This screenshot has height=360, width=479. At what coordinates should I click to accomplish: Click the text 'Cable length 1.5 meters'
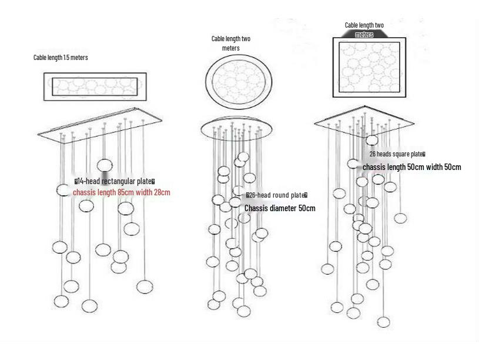(x=61, y=58)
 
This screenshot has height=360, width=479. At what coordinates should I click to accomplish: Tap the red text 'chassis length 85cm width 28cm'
(x=122, y=192)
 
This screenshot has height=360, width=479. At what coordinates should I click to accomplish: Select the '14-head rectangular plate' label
(x=115, y=181)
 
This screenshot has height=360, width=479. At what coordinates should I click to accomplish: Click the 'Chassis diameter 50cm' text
(x=280, y=208)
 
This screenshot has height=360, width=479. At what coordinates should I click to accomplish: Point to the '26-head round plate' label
(x=277, y=195)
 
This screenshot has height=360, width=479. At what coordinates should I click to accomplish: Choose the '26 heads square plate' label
(x=397, y=154)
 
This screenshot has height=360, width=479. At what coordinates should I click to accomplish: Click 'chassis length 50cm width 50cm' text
(x=411, y=167)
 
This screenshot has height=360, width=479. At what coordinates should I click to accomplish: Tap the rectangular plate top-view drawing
(x=95, y=87)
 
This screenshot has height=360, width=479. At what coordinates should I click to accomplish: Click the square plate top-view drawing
(x=370, y=68)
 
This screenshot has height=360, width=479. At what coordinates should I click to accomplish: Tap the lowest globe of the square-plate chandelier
(x=383, y=322)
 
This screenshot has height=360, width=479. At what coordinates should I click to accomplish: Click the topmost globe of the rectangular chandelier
(x=105, y=165)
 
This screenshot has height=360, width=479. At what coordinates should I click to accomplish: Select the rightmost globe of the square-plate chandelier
(x=400, y=218)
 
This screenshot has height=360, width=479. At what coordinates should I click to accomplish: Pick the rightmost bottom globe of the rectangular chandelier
(x=143, y=286)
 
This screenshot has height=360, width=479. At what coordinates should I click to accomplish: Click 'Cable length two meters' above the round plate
(x=231, y=43)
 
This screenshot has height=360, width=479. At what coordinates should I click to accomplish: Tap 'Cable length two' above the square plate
(x=364, y=25)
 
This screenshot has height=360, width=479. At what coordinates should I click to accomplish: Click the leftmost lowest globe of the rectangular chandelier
(x=61, y=301)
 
